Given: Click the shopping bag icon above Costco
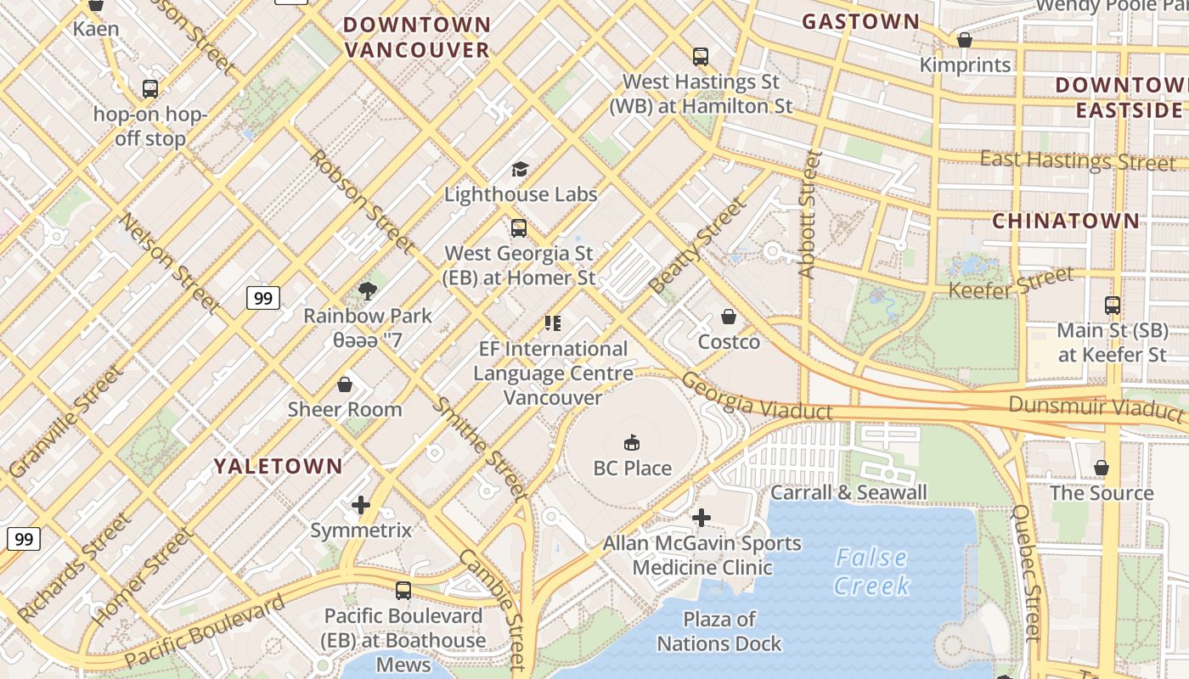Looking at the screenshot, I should pyautogui.click(x=728, y=317).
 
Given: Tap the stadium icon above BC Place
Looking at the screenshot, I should pyautogui.click(x=632, y=442).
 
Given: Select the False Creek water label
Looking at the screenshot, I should pyautogui.click(x=871, y=571).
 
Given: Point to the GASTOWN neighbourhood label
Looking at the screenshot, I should pyautogui.click(x=860, y=21).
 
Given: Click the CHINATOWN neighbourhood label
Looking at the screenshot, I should pyautogui.click(x=1066, y=221).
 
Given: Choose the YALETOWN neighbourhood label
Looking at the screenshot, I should pyautogui.click(x=278, y=466).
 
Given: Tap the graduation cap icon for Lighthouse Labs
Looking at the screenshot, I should pyautogui.click(x=520, y=170).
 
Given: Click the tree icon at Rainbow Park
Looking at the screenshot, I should pyautogui.click(x=368, y=291).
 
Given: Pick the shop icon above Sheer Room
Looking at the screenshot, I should pyautogui.click(x=345, y=384).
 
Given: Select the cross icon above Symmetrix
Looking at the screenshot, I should pyautogui.click(x=361, y=506).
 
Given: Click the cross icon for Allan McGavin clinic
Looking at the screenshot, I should pyautogui.click(x=702, y=518).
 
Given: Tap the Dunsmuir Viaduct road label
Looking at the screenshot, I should pyautogui.click(x=1096, y=407).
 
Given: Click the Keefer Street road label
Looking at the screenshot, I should pyautogui.click(x=1011, y=283).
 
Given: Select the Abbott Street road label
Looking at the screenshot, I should pyautogui.click(x=809, y=214).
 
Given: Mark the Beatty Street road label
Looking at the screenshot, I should pyautogui.click(x=698, y=245).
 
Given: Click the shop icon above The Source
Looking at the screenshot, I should pyautogui.click(x=1102, y=468).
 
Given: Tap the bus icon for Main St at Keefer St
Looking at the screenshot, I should pyautogui.click(x=1112, y=306).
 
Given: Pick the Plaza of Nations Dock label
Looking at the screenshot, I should pyautogui.click(x=719, y=631).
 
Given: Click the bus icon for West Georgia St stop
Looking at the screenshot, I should pyautogui.click(x=519, y=228).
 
